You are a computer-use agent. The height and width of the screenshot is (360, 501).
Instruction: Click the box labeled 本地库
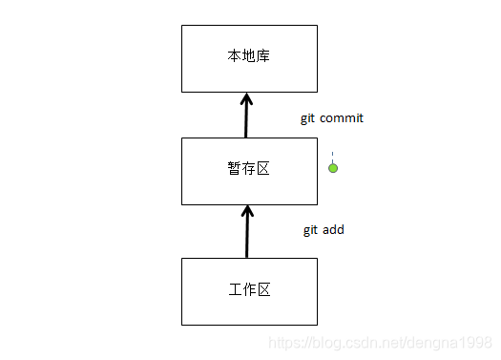click(248, 57)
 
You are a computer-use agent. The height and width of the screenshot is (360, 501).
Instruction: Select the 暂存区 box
click(248, 171)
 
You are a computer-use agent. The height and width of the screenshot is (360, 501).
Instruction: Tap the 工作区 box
click(248, 289)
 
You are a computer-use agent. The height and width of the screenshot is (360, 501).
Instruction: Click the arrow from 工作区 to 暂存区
click(247, 234)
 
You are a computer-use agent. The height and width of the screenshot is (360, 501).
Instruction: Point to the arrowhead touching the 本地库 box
click(247, 98)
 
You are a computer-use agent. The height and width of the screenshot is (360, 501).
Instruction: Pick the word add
click(332, 230)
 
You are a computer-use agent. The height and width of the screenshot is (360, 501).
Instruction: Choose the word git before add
click(310, 230)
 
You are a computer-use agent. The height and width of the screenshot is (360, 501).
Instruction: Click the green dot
click(333, 168)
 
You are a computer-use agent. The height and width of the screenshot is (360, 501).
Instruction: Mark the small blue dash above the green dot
click(333, 154)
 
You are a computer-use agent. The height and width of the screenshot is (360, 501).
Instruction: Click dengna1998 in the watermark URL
click(457, 341)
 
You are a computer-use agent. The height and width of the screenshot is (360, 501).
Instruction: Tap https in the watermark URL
click(282, 341)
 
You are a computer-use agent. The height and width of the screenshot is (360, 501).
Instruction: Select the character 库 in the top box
click(263, 56)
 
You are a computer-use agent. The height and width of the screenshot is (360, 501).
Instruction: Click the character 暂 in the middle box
click(235, 170)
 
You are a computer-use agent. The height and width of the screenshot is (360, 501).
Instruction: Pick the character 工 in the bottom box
click(235, 288)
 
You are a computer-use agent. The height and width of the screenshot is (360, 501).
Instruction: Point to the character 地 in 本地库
click(249, 56)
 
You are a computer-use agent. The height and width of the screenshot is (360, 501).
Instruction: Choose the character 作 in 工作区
click(249, 288)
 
